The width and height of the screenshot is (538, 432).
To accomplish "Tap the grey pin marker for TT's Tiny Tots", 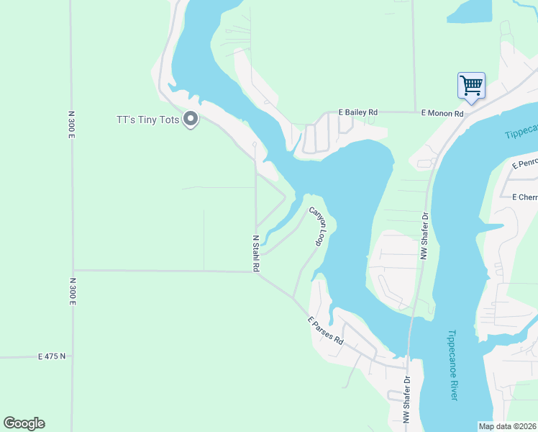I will (191, 119).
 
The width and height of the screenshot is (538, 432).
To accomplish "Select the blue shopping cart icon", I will (472, 85).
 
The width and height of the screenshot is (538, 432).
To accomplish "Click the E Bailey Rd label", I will (358, 113).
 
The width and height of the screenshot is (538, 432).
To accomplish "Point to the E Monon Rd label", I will (442, 113).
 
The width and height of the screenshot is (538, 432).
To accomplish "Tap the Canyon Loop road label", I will (318, 226).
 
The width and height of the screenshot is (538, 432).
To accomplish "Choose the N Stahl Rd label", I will (255, 253).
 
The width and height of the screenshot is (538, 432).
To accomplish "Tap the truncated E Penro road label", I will (524, 164).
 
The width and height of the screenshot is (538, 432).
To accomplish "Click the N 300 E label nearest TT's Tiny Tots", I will (72, 125).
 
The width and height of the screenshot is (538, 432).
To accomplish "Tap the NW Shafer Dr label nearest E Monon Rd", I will (425, 235).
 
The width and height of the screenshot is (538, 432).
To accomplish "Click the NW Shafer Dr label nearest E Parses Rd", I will (406, 400).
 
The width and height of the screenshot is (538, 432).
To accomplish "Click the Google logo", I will (24, 423).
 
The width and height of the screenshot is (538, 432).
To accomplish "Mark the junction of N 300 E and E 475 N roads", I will (72, 356).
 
